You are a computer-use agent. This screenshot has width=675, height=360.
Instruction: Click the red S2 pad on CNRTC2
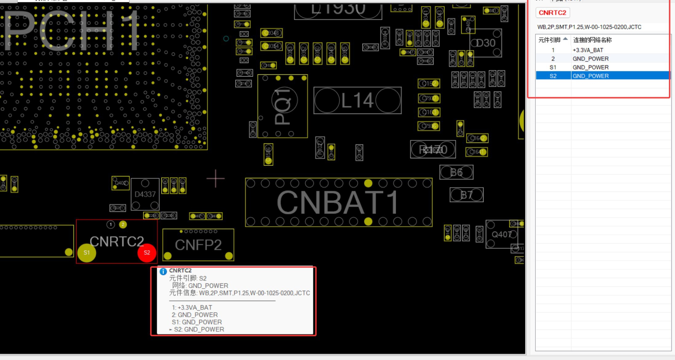pyautogui.click(x=147, y=253)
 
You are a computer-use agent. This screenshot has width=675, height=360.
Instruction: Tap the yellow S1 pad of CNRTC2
pyautogui.click(x=87, y=253)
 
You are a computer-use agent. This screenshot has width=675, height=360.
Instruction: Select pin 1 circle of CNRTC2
pyautogui.click(x=111, y=225)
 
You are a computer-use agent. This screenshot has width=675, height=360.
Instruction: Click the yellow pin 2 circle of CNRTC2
pyautogui.click(x=123, y=225)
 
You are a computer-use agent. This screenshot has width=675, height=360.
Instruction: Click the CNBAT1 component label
pyautogui.click(x=337, y=202)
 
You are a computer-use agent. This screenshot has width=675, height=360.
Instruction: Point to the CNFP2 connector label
pyautogui.click(x=198, y=245)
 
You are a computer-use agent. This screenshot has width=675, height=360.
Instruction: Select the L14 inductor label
pyautogui.click(x=357, y=100)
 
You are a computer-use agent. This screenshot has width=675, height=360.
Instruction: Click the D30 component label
pyautogui.click(x=486, y=43)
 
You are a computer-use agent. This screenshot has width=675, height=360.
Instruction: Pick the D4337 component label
pyautogui.click(x=145, y=194)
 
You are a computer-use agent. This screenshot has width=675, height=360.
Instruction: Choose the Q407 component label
pyautogui.click(x=502, y=234)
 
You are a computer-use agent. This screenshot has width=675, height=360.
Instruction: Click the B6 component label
pyautogui.click(x=456, y=172)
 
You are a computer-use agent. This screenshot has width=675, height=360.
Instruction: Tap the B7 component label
pyautogui.click(x=467, y=195)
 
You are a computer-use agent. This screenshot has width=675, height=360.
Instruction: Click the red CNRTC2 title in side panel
pyautogui.click(x=552, y=13)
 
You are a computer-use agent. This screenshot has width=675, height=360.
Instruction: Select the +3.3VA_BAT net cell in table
pyautogui.click(x=588, y=50)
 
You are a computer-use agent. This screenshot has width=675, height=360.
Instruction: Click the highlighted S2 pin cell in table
pyautogui.click(x=553, y=76)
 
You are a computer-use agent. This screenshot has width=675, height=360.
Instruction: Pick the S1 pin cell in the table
pyautogui.click(x=553, y=67)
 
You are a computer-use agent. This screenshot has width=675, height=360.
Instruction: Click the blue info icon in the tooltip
pyautogui.click(x=163, y=271)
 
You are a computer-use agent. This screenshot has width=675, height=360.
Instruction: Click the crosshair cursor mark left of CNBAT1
pyautogui.click(x=216, y=178)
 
